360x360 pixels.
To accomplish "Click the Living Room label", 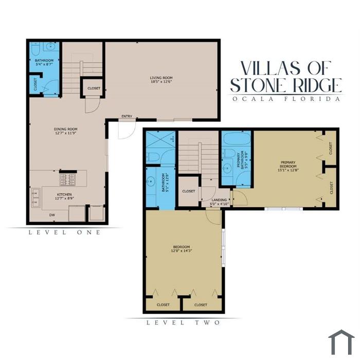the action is (161, 78).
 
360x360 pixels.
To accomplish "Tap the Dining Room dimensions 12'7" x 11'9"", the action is (66, 133).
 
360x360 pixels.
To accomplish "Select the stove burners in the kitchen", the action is (67, 179).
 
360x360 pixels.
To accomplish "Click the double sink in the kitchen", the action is (35, 197).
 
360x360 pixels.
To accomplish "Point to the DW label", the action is (52, 215).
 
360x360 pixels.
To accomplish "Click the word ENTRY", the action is (127, 116).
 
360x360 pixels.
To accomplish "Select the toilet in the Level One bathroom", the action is (35, 49).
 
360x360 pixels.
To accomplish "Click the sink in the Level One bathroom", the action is (50, 47).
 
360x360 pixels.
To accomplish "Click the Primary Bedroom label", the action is (288, 164).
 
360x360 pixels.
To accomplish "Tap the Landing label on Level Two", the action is (219, 200).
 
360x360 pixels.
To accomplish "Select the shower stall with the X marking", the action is (160, 139).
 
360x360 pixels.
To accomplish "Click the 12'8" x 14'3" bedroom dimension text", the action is (182, 251).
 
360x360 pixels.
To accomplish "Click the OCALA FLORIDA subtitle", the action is (286, 99).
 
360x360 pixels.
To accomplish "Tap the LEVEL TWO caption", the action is (183, 322).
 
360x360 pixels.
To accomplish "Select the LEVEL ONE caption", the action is (64, 232).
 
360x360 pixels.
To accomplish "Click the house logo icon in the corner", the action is (341, 342).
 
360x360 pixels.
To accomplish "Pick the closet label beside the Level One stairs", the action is (94, 88).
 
